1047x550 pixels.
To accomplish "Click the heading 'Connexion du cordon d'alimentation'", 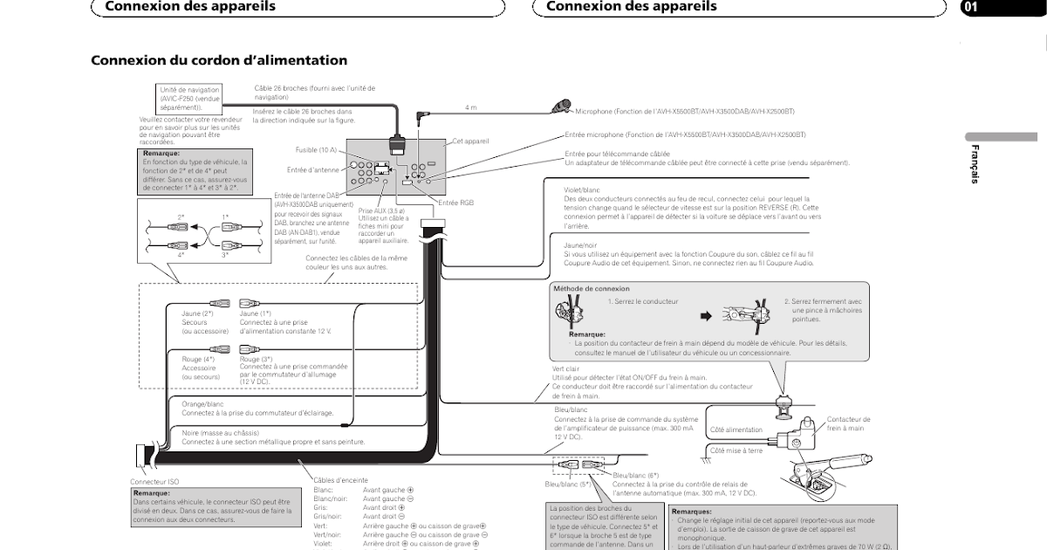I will click(219, 60).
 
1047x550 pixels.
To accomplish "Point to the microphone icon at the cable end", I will click(560, 107).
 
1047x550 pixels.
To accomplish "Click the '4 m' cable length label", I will click(470, 107).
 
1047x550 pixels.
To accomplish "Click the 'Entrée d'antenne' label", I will click(311, 169).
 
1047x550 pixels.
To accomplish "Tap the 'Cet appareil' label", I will click(470, 141).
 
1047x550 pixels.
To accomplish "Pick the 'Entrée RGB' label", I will click(455, 203).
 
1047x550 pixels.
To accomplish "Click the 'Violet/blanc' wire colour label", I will click(582, 189).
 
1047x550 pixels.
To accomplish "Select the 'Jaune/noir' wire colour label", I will click(580, 245).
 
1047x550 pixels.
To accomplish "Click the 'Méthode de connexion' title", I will click(591, 288).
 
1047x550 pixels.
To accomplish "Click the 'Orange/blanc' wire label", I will click(202, 404).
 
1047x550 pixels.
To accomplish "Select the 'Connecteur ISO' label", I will click(154, 482).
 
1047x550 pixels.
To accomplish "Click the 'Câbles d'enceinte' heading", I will click(340, 480).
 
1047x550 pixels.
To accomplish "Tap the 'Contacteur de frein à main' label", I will click(848, 423).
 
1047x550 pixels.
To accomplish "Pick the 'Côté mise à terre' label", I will click(736, 450).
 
